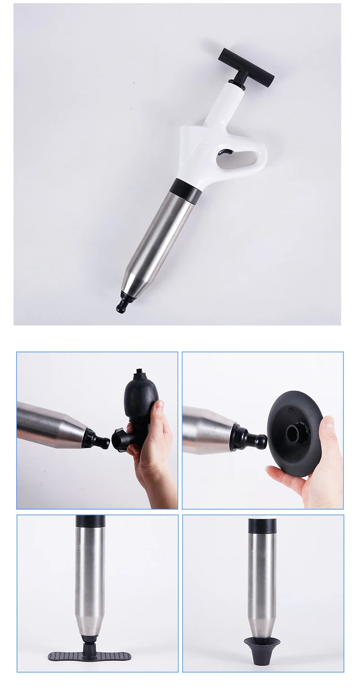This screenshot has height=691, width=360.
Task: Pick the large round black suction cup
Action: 295,428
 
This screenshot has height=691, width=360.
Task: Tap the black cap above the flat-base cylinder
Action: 90,521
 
